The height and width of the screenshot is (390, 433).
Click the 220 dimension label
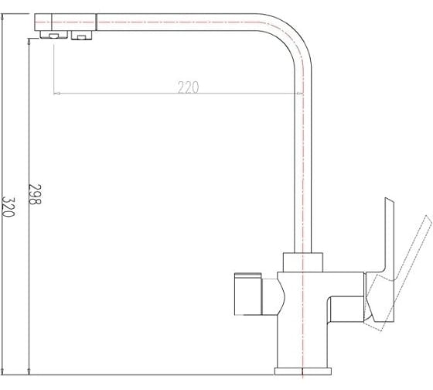(188, 87)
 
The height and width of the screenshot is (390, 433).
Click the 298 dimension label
(35, 194)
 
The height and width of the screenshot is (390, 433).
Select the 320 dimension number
(8, 207)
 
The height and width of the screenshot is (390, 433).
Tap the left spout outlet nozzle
(54, 35)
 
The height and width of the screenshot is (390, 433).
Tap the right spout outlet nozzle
(81, 36)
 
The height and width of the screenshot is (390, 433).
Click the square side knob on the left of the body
(247, 294)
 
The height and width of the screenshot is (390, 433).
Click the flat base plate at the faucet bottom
(303, 371)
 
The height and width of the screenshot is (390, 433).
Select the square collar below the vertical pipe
(303, 262)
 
